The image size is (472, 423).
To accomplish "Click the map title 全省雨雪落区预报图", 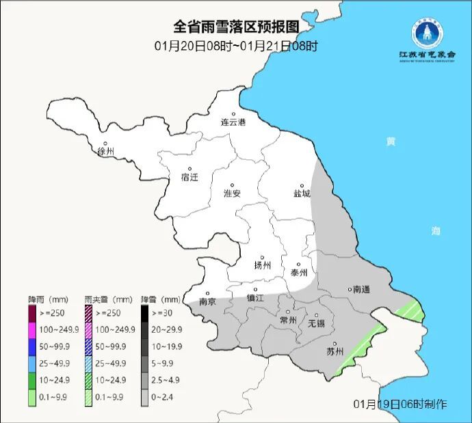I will [x=236, y=27].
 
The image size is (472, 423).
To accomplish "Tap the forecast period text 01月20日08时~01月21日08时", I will [x=236, y=46].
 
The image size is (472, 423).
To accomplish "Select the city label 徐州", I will [x=106, y=151].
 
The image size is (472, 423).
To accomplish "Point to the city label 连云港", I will [x=233, y=122].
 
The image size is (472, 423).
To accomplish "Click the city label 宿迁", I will [x=189, y=177].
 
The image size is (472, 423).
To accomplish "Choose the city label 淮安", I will [x=233, y=193].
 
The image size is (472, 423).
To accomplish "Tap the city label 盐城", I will [x=302, y=193].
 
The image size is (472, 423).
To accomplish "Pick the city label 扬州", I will [x=263, y=265].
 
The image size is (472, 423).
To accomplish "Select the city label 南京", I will [x=207, y=301].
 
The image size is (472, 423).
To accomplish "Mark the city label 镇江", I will [x=255, y=298].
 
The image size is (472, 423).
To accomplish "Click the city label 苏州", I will [x=335, y=352].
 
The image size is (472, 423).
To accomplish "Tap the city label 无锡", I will [x=317, y=323].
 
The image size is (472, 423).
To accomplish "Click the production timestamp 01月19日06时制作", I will [x=401, y=404].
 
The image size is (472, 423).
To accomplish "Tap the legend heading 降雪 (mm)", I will [x=161, y=300].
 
